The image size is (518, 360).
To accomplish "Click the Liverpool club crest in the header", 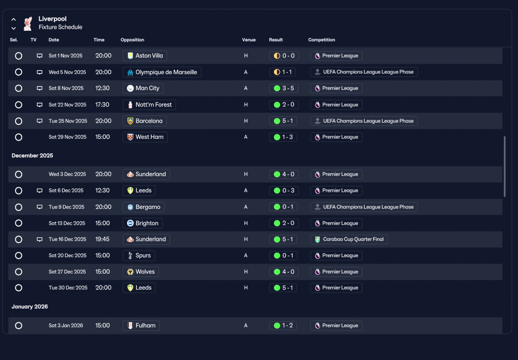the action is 28,23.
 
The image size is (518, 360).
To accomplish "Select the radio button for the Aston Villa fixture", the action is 19,56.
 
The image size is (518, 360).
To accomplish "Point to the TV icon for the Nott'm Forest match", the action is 40,105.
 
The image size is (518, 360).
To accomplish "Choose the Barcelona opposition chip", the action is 144,121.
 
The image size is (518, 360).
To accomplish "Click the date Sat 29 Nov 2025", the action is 68,137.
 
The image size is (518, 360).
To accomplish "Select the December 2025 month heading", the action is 32,156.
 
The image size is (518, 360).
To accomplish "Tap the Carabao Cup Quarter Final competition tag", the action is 349,239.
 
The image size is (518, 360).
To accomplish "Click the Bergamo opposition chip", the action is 143,207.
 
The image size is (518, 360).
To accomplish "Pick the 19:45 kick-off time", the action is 102,239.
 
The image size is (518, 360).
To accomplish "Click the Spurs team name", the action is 143,256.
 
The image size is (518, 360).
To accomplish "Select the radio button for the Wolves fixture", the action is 19,272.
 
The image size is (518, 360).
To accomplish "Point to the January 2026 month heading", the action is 30,307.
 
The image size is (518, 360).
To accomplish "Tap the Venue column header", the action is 249,40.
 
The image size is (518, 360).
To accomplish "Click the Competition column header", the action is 322,40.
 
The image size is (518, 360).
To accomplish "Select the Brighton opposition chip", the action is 142,223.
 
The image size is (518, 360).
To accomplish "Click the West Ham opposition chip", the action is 145,137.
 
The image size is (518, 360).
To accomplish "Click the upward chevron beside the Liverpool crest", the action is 14,19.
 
